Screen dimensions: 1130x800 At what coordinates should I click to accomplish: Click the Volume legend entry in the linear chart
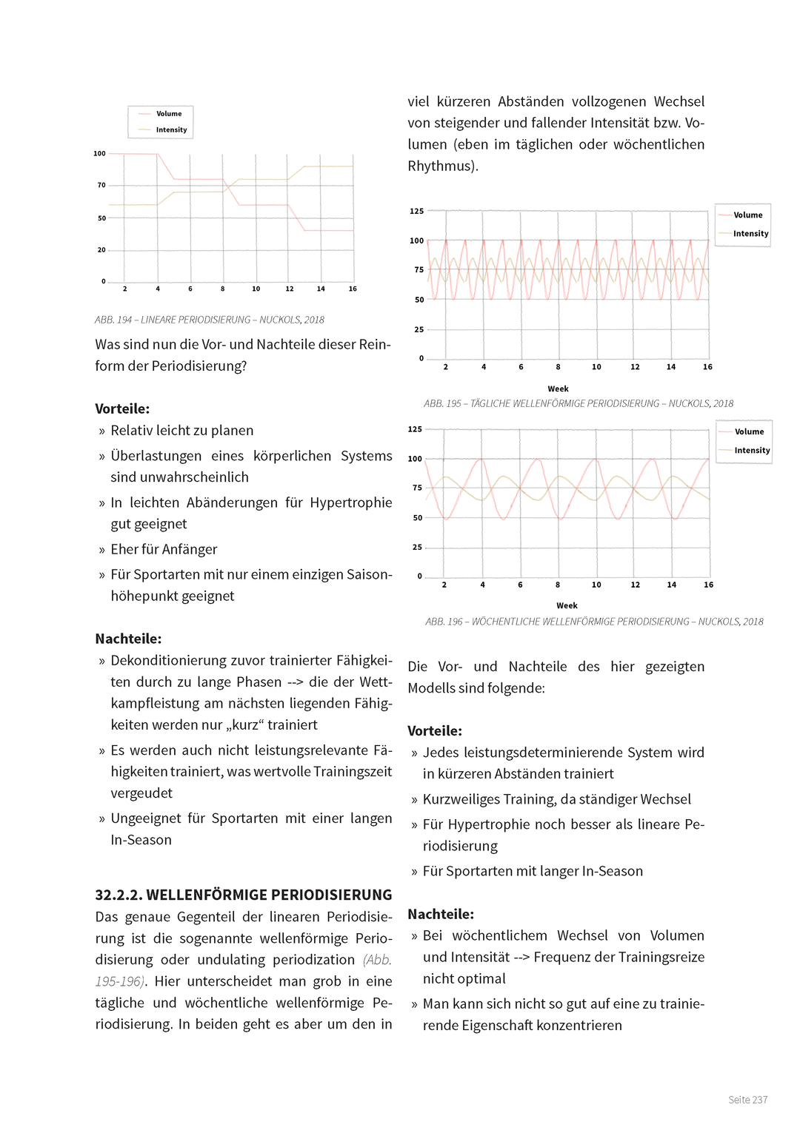168,114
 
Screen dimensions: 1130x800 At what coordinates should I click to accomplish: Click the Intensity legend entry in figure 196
751,450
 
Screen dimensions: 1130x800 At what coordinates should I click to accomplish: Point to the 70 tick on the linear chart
101,185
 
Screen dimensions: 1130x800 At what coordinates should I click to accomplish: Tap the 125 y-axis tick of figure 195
416,211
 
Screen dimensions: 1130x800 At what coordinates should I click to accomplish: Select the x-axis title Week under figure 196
567,605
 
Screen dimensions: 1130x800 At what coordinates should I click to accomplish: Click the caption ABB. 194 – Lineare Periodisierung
209,320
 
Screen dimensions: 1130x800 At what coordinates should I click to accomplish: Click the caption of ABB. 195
578,403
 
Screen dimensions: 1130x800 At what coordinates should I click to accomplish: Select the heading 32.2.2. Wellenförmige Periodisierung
243,895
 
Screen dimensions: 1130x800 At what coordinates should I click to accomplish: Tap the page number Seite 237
747,1100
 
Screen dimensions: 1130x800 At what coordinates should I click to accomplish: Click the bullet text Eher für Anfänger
164,549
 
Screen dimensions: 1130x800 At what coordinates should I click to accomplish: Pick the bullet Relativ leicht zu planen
181,430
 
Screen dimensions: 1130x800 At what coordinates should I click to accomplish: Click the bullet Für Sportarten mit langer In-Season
532,871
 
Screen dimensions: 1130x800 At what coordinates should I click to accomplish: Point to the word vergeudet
141,793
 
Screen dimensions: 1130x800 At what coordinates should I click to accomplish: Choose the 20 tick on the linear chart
101,250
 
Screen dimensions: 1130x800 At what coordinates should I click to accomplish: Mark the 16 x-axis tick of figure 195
707,367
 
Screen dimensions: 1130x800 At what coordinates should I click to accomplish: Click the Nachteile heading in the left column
127,639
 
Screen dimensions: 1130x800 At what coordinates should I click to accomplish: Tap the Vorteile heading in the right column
434,730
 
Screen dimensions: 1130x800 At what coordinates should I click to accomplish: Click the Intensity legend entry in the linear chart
171,130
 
